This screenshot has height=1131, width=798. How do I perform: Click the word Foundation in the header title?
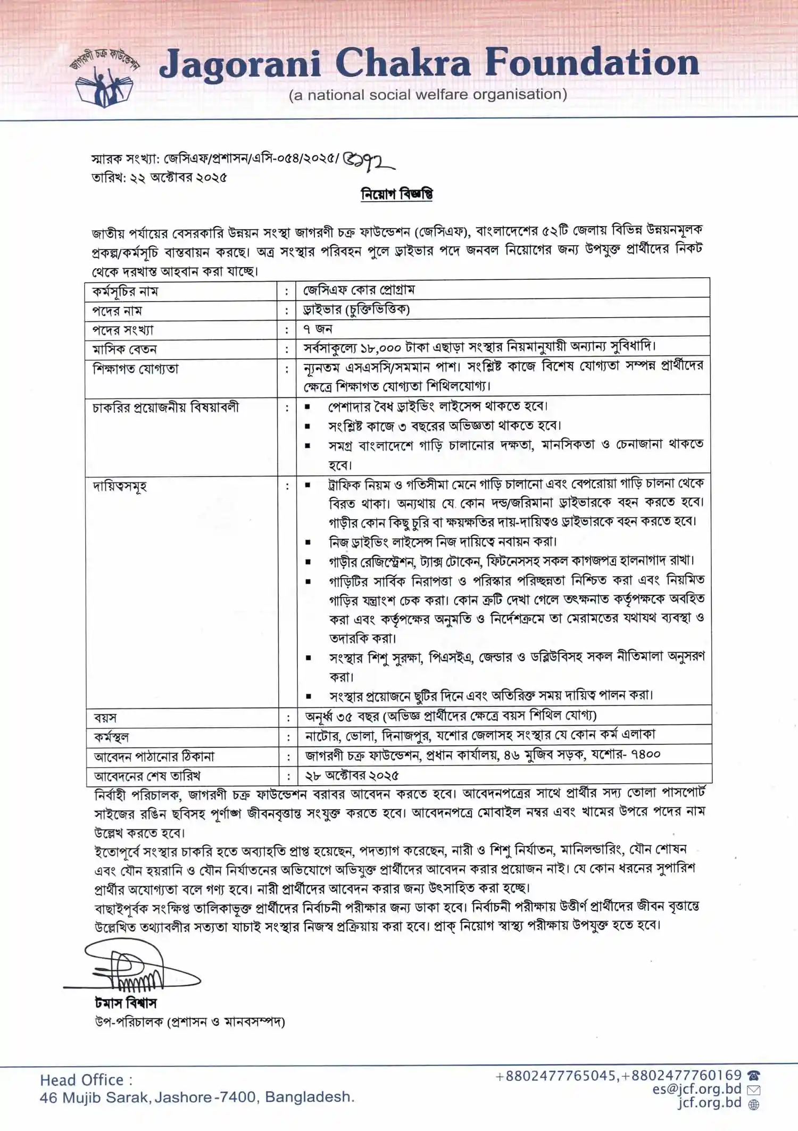click(592, 63)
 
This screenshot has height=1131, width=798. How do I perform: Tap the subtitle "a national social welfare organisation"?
click(428, 95)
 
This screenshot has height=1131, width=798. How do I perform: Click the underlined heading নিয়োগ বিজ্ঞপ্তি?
click(397, 194)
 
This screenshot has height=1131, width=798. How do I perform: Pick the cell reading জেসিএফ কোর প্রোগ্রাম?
click(359, 290)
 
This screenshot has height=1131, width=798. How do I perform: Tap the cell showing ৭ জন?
click(318, 329)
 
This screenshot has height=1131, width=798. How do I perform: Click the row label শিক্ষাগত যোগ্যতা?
click(136, 369)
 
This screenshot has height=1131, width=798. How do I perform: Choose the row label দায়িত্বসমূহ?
click(120, 486)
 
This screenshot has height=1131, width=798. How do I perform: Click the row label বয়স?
click(105, 718)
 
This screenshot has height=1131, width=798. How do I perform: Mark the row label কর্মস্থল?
click(111, 737)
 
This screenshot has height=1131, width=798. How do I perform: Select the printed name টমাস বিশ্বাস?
click(126, 1003)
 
